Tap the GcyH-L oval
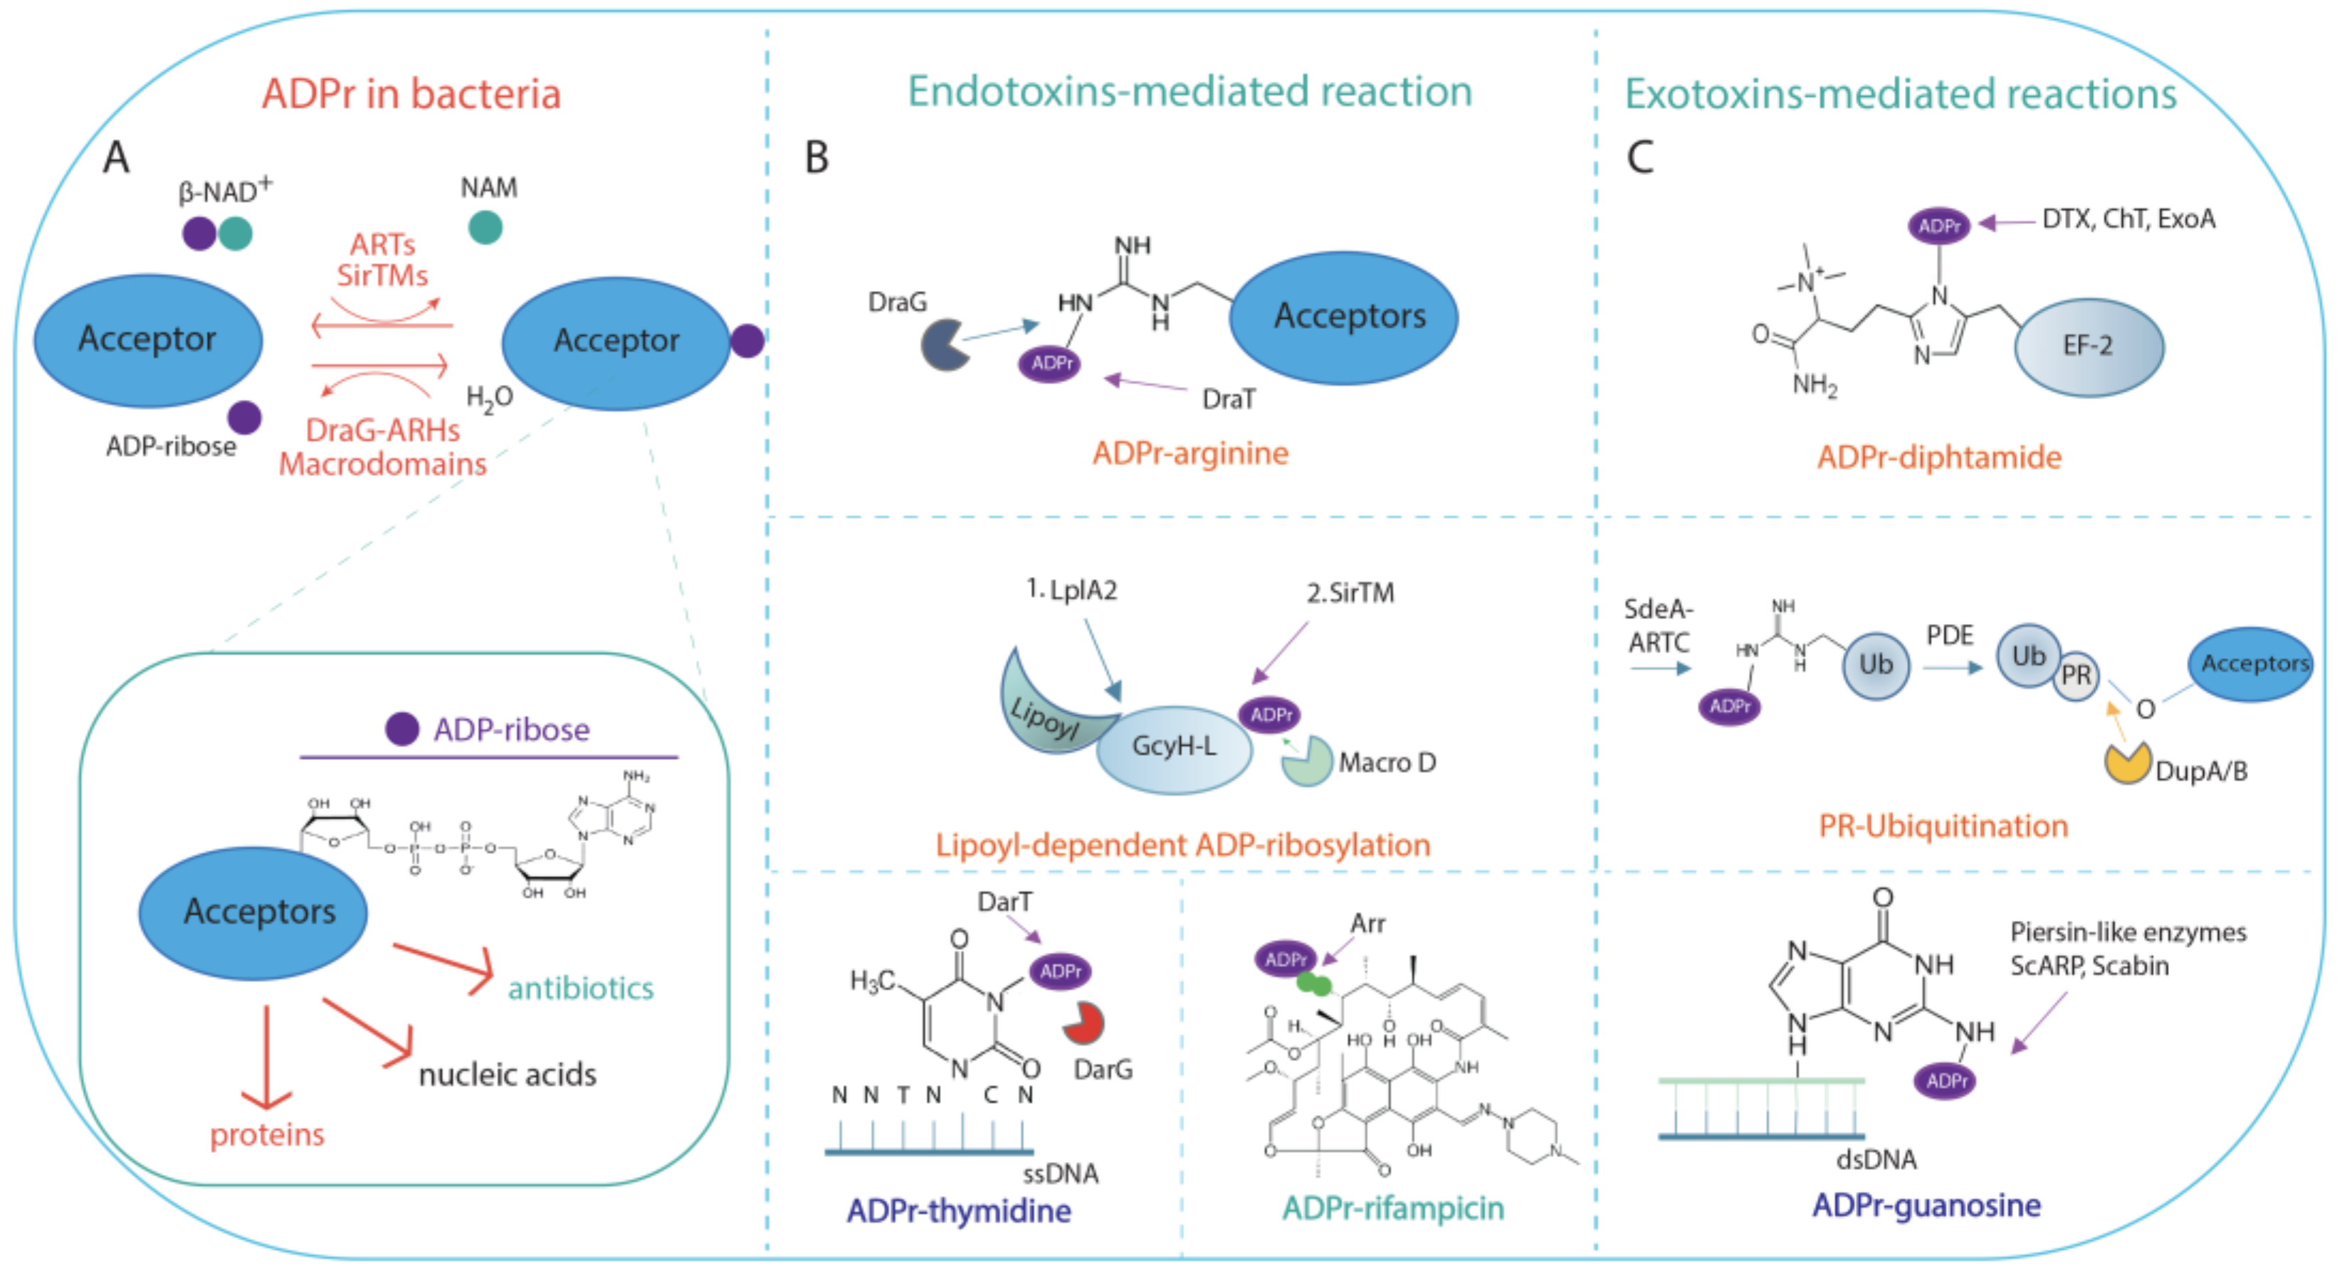[1173, 748]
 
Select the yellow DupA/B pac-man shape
[2126, 764]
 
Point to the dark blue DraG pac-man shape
[942, 344]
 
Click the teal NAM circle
[485, 227]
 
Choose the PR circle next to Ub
[2076, 675]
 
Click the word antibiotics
[580, 988]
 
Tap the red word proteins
[266, 1134]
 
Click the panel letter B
[816, 157]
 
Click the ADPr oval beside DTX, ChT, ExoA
[1938, 226]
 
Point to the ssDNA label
[1060, 1174]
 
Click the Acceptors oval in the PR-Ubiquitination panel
[2253, 664]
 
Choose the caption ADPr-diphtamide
[1938, 458]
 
